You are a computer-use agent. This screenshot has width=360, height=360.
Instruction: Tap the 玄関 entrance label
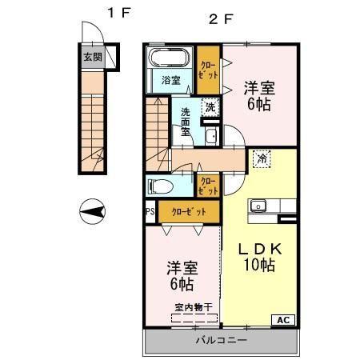(93, 57)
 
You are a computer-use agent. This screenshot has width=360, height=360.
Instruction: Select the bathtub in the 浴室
(168, 58)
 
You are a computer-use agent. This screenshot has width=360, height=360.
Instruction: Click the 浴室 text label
(170, 81)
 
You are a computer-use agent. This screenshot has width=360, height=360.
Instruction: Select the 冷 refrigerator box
(262, 158)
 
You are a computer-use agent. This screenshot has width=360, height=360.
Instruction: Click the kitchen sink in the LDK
(258, 206)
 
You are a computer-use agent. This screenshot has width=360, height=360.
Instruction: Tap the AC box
(283, 319)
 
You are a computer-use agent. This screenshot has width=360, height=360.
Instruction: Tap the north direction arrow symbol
(94, 212)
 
